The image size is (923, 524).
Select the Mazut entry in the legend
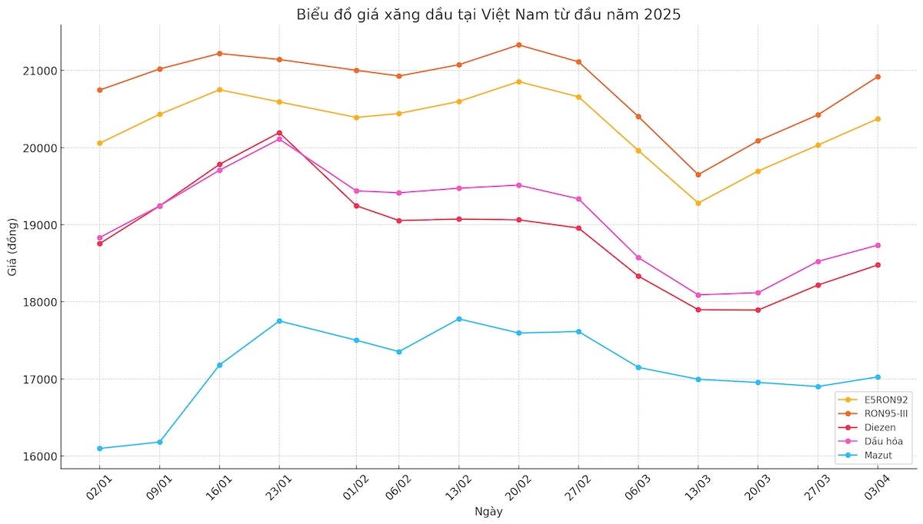(x=872, y=455)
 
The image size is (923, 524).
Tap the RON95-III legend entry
(x=872, y=413)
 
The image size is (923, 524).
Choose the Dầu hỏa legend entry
(x=872, y=441)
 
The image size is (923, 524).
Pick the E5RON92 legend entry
(x=872, y=400)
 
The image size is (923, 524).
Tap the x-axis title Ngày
(x=488, y=512)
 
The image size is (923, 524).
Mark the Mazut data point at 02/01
(x=100, y=449)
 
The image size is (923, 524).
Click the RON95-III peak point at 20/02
(x=518, y=45)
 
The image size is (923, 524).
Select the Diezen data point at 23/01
(x=279, y=133)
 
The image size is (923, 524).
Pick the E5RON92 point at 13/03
(x=698, y=203)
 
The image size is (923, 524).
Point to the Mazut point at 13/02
(x=459, y=319)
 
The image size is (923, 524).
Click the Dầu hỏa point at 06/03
(x=638, y=257)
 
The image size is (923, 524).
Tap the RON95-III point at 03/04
(x=878, y=77)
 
